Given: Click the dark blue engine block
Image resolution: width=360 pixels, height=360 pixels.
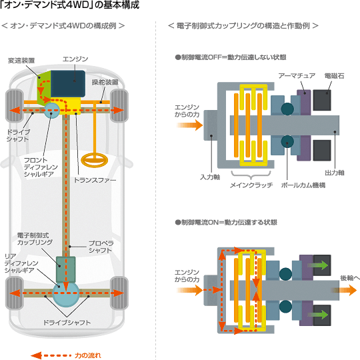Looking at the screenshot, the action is (68, 84).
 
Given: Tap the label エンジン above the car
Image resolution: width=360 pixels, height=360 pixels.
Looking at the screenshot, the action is (75, 59).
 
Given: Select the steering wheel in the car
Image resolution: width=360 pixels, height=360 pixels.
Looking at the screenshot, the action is (95, 160).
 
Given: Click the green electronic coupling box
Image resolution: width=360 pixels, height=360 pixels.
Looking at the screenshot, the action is (65, 269).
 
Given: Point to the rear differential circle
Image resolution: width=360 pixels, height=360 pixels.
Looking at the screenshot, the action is (65, 294).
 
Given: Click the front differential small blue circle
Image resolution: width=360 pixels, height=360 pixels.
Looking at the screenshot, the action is (51, 111).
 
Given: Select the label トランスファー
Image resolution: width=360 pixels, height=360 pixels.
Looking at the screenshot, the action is (95, 180).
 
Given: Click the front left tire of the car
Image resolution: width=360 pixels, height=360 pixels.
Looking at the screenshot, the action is (15, 105).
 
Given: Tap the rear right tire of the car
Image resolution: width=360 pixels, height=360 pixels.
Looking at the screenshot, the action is (119, 293).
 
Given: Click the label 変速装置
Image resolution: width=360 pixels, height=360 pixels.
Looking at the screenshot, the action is (21, 61).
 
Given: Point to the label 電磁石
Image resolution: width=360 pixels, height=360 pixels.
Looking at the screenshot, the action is (334, 76).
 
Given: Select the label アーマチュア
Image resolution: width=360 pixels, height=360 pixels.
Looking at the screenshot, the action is (297, 76).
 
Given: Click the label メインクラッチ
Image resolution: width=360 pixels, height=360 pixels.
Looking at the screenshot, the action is (251, 185).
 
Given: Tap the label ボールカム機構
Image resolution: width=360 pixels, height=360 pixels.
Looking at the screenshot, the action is (303, 185).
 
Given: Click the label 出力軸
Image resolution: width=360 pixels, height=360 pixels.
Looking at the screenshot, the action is (335, 173).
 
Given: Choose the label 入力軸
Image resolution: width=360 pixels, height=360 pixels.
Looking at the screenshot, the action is (210, 177).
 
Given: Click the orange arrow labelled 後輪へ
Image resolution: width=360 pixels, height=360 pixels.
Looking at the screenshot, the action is (345, 290).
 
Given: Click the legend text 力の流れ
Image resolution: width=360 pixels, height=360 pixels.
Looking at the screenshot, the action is (88, 355).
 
